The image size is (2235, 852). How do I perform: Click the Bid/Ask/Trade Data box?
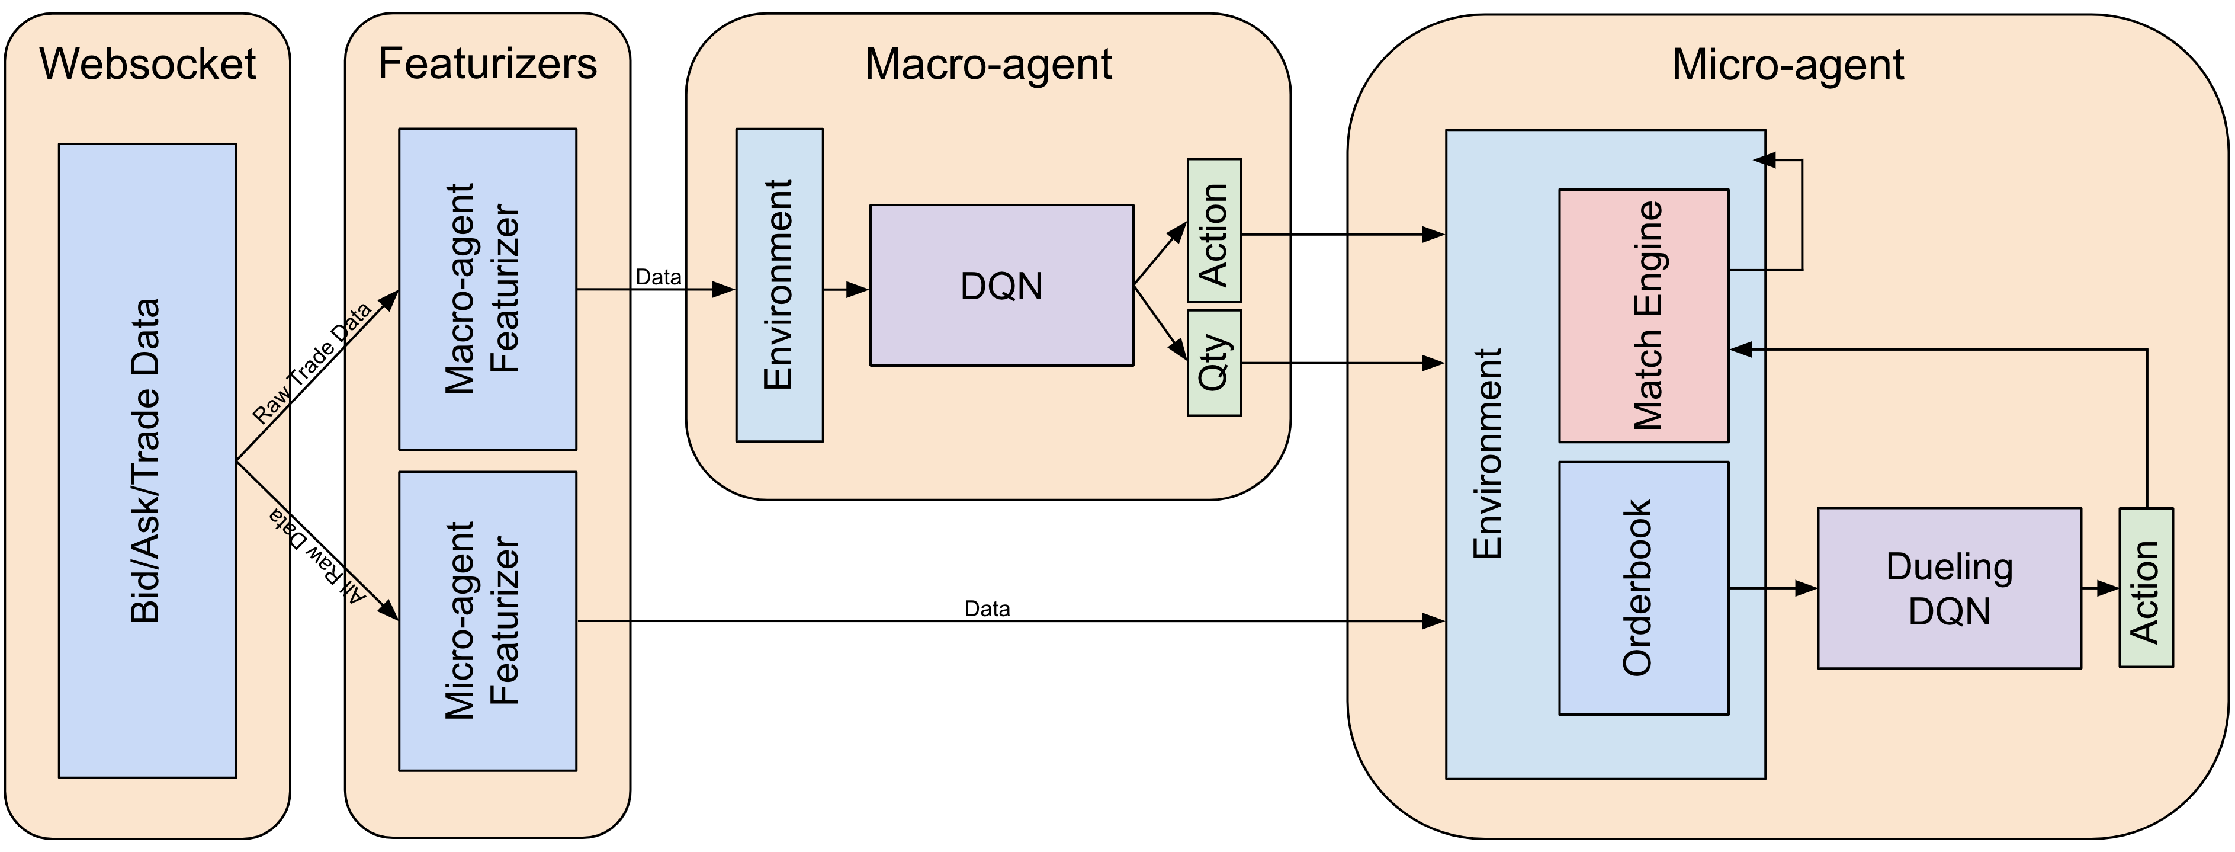[147, 461]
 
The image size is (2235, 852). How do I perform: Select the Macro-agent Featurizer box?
[487, 289]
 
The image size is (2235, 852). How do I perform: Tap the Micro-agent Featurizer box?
[487, 621]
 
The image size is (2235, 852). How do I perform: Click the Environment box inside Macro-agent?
[779, 286]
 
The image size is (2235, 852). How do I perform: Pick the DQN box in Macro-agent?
[1002, 286]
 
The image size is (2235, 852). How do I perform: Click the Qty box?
[1215, 363]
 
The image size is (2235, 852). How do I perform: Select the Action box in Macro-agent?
[1215, 231]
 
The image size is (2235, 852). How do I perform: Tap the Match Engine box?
[1644, 316]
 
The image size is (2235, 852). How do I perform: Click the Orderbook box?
[1644, 588]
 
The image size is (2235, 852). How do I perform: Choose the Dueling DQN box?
[1950, 588]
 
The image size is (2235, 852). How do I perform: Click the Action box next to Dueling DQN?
[2147, 587]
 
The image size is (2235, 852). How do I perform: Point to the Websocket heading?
[147, 64]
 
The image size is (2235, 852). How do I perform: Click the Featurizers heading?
[487, 64]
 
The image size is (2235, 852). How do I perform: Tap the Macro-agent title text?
[988, 64]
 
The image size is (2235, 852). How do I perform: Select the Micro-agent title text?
[1788, 64]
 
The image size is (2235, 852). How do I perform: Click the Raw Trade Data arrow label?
[312, 362]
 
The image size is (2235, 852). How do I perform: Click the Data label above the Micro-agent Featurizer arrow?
[987, 609]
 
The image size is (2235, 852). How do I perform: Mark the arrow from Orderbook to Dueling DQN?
[1774, 588]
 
